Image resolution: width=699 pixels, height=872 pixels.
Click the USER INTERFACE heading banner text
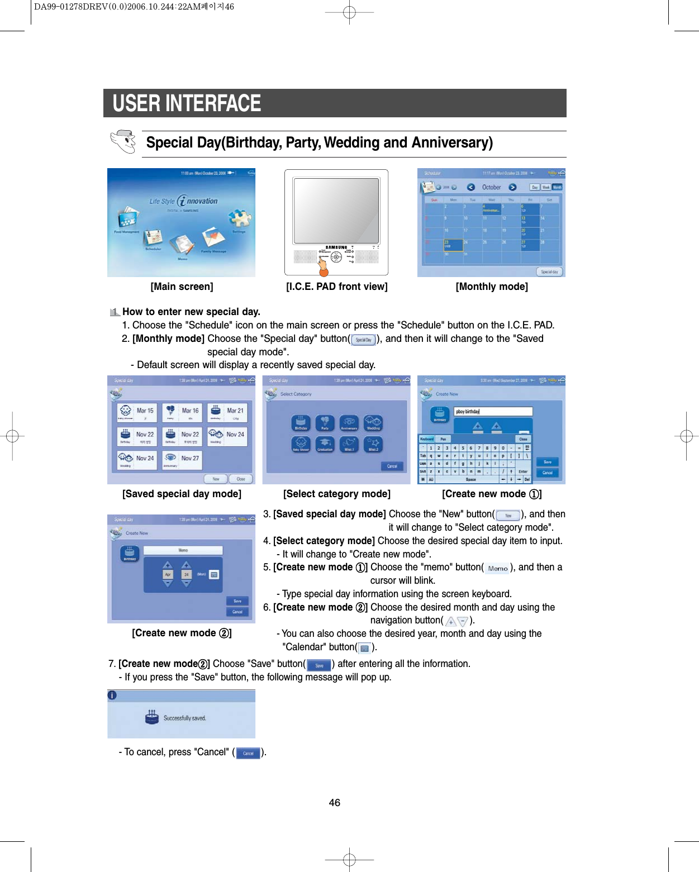[x=187, y=103]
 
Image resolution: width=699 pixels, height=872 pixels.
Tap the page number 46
[x=334, y=803]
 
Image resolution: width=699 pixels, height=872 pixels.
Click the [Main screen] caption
[x=182, y=287]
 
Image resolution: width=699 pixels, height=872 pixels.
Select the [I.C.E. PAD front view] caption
[x=336, y=287]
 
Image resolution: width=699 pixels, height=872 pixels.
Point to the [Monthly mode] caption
[x=492, y=287]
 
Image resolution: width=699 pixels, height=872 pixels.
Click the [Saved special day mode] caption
[x=182, y=494]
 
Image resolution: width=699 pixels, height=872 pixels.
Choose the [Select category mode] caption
[x=336, y=494]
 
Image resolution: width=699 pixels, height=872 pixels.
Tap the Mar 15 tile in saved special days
[x=136, y=412]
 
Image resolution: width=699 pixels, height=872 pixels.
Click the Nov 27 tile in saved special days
[x=182, y=460]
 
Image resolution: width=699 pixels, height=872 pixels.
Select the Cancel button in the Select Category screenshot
[x=392, y=466]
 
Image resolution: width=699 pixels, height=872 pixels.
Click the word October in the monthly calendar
[x=492, y=187]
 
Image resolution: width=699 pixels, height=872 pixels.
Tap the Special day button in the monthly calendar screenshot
[x=549, y=271]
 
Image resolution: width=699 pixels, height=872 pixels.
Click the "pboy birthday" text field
[x=493, y=412]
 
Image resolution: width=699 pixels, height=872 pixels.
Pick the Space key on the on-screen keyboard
[x=471, y=479]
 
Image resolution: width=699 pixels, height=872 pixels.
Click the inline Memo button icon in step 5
[x=497, y=568]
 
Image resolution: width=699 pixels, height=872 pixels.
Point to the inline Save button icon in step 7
[x=319, y=665]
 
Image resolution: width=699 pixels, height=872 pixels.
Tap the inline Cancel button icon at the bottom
[x=248, y=753]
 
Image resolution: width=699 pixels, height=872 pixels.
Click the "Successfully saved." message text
[x=185, y=718]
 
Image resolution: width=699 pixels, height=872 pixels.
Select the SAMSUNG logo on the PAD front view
[x=336, y=247]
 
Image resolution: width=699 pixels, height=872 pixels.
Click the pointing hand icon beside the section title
[x=123, y=141]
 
